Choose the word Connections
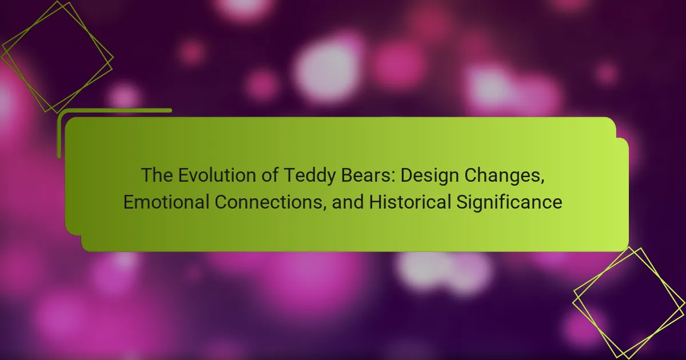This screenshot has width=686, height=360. [x=268, y=202]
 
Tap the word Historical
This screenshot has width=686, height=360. [x=410, y=202]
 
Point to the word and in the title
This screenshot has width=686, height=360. [x=348, y=202]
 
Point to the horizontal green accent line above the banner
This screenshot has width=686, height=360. [x=115, y=110]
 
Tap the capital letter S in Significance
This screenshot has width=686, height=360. [x=462, y=202]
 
